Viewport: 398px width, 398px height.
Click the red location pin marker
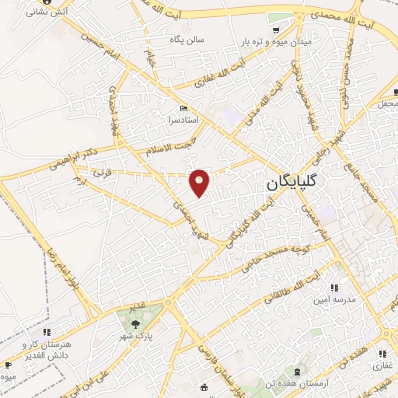tap(200, 183)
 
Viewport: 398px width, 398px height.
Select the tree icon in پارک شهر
tap(136, 325)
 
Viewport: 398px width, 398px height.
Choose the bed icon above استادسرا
tap(183, 108)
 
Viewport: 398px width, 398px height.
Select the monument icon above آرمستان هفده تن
tap(300, 372)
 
